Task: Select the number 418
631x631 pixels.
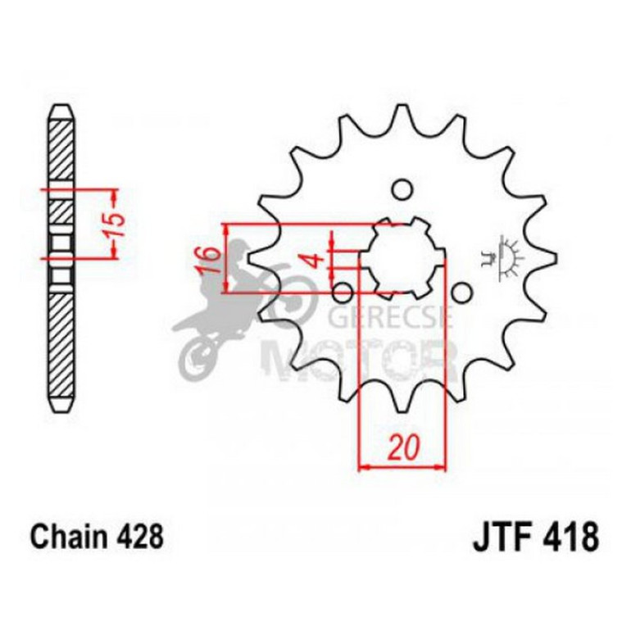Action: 570,538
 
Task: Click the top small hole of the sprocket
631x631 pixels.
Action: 401,190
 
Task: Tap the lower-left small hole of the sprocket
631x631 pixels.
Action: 344,292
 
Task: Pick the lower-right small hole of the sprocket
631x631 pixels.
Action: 461,293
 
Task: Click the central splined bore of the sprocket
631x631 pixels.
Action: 402,257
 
